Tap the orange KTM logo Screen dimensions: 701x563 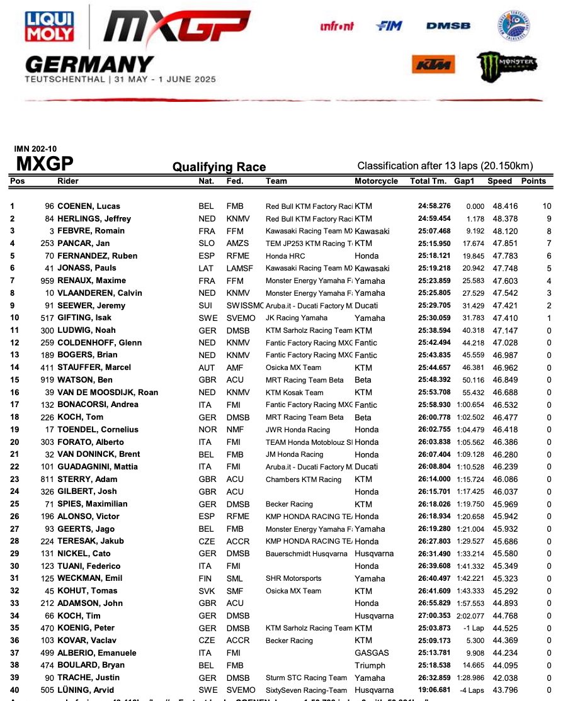click(433, 64)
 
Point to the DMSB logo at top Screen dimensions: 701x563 click(448, 26)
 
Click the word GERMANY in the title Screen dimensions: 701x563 click(89, 64)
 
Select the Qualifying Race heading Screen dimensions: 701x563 click(219, 167)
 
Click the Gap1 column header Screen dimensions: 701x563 click(465, 181)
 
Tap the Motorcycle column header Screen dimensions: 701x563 click(377, 181)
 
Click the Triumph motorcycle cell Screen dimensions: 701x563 click(370, 666)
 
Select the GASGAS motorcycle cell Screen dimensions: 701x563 click(372, 653)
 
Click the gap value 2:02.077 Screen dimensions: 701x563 click(470, 616)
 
